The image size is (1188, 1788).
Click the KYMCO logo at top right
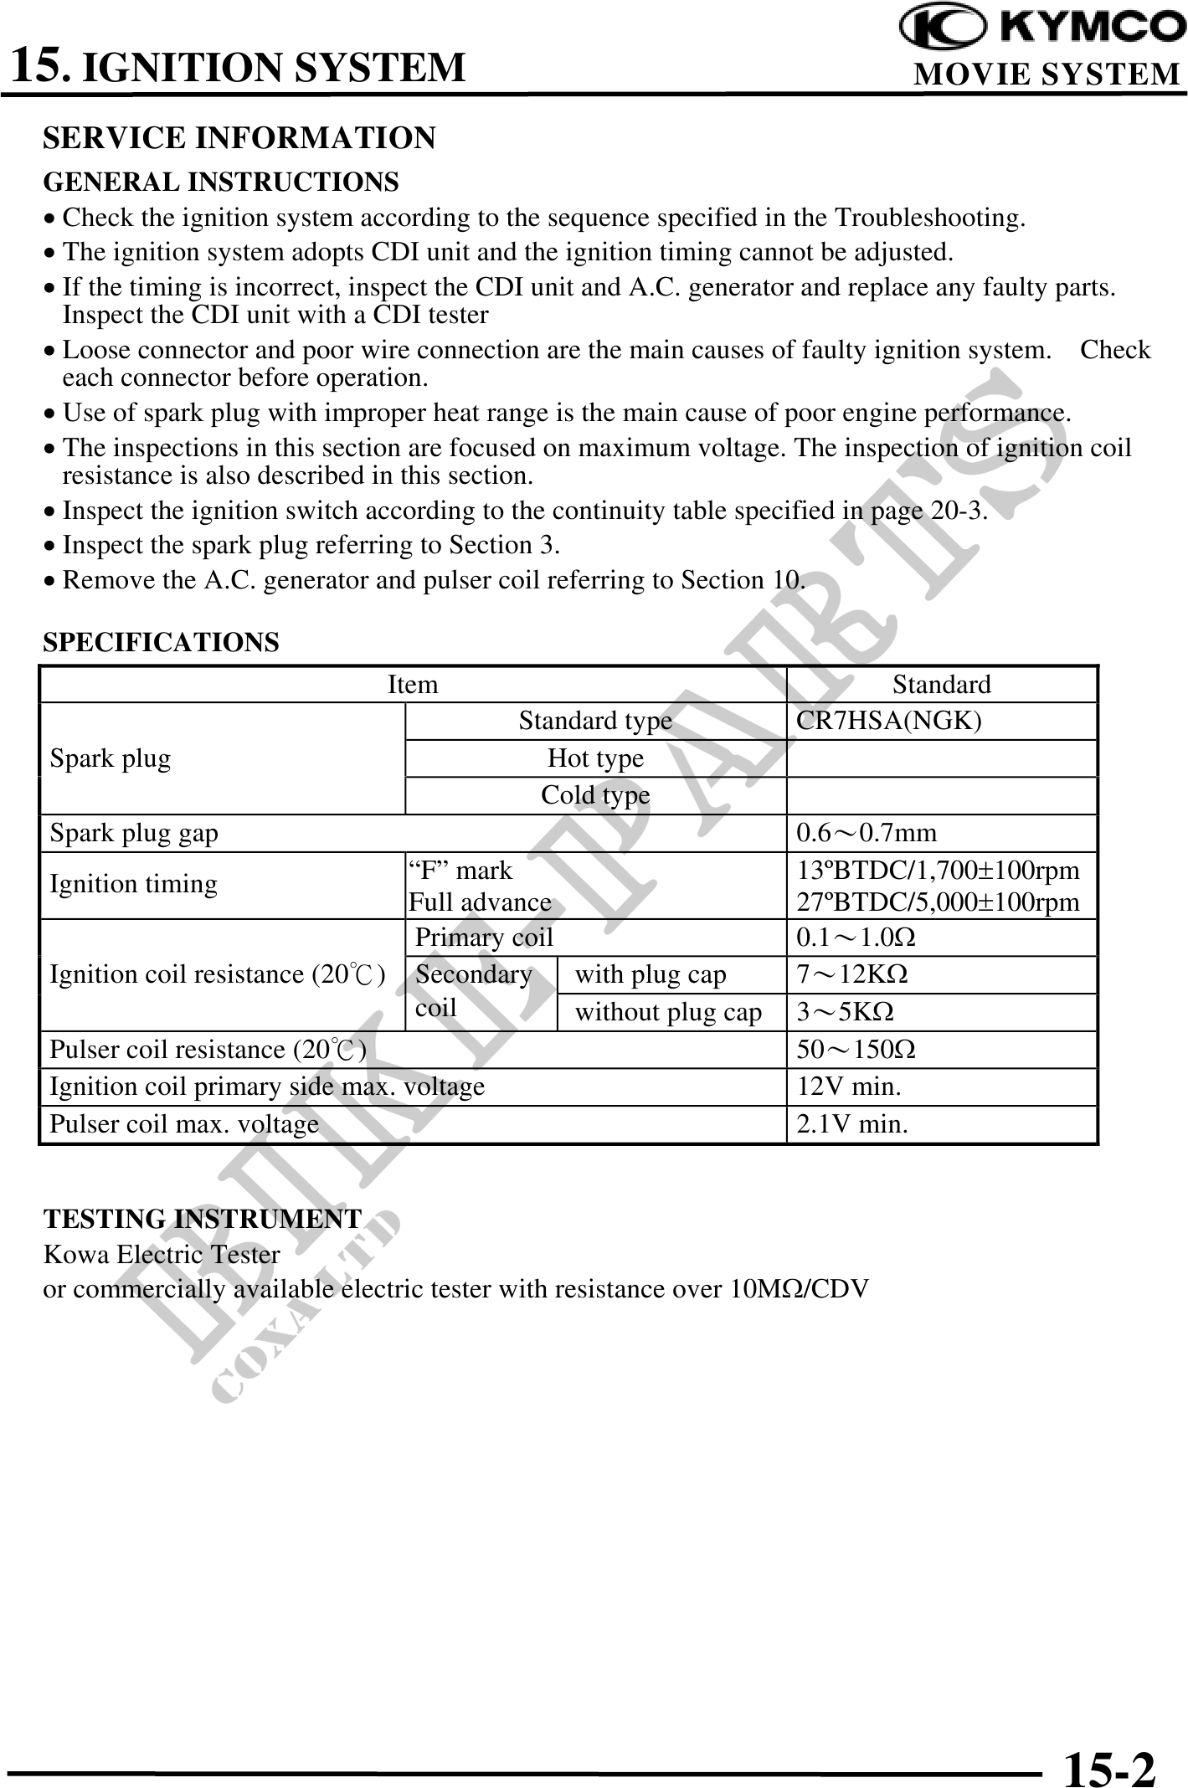[1042, 28]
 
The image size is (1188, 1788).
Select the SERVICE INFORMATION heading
[239, 138]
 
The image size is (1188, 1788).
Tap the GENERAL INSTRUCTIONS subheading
[221, 182]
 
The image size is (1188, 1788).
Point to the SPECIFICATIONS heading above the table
[162, 642]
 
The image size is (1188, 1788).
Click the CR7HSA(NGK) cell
[888, 721]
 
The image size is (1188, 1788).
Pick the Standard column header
[941, 685]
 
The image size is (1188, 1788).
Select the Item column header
[413, 685]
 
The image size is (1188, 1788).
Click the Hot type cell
[595, 758]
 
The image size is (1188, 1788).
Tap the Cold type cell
[595, 795]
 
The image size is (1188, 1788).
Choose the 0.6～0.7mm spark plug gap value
[867, 833]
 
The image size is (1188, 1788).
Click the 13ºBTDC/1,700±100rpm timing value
[938, 871]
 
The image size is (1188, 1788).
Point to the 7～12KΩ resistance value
[852, 974]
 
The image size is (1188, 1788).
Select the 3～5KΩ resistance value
[845, 1012]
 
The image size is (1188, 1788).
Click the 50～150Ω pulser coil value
[856, 1050]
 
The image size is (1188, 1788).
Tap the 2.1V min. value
[851, 1124]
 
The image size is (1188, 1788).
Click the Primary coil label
[484, 938]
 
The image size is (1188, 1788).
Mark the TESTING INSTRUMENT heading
[203, 1219]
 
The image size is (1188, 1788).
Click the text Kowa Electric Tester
[162, 1255]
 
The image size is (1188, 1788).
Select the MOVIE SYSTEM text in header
[1046, 74]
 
